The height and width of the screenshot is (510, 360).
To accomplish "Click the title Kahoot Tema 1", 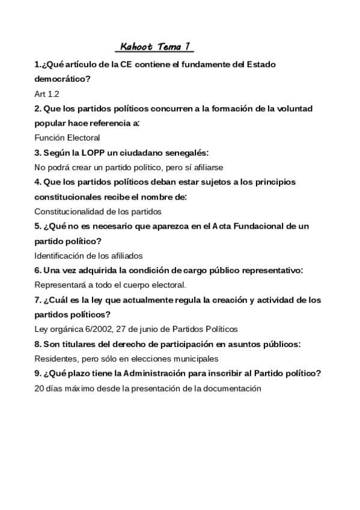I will (156, 47).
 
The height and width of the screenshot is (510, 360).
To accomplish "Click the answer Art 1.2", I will (47, 94).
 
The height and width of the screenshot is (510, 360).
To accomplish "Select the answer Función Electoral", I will (67, 138).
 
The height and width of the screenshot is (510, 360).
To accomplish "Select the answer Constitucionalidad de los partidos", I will (98, 211).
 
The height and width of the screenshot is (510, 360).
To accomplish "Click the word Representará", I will (59, 284).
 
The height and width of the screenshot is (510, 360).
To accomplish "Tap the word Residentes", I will (55, 358).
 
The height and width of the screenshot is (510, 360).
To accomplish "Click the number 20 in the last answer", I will (40, 388).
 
